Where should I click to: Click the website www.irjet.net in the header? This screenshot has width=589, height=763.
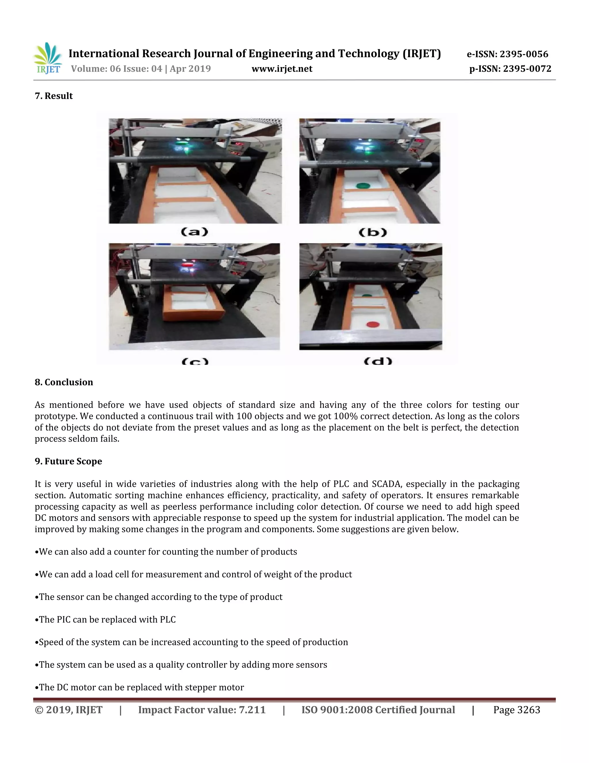(x=282, y=69)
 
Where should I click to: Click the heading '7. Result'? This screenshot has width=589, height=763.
(x=54, y=96)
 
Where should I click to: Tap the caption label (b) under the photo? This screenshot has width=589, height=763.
(x=373, y=232)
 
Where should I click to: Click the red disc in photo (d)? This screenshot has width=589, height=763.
(x=372, y=324)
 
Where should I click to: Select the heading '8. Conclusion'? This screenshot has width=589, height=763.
(x=64, y=382)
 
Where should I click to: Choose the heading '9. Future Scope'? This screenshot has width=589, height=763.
(x=68, y=462)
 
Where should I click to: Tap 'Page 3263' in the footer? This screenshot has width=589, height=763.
(x=517, y=710)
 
